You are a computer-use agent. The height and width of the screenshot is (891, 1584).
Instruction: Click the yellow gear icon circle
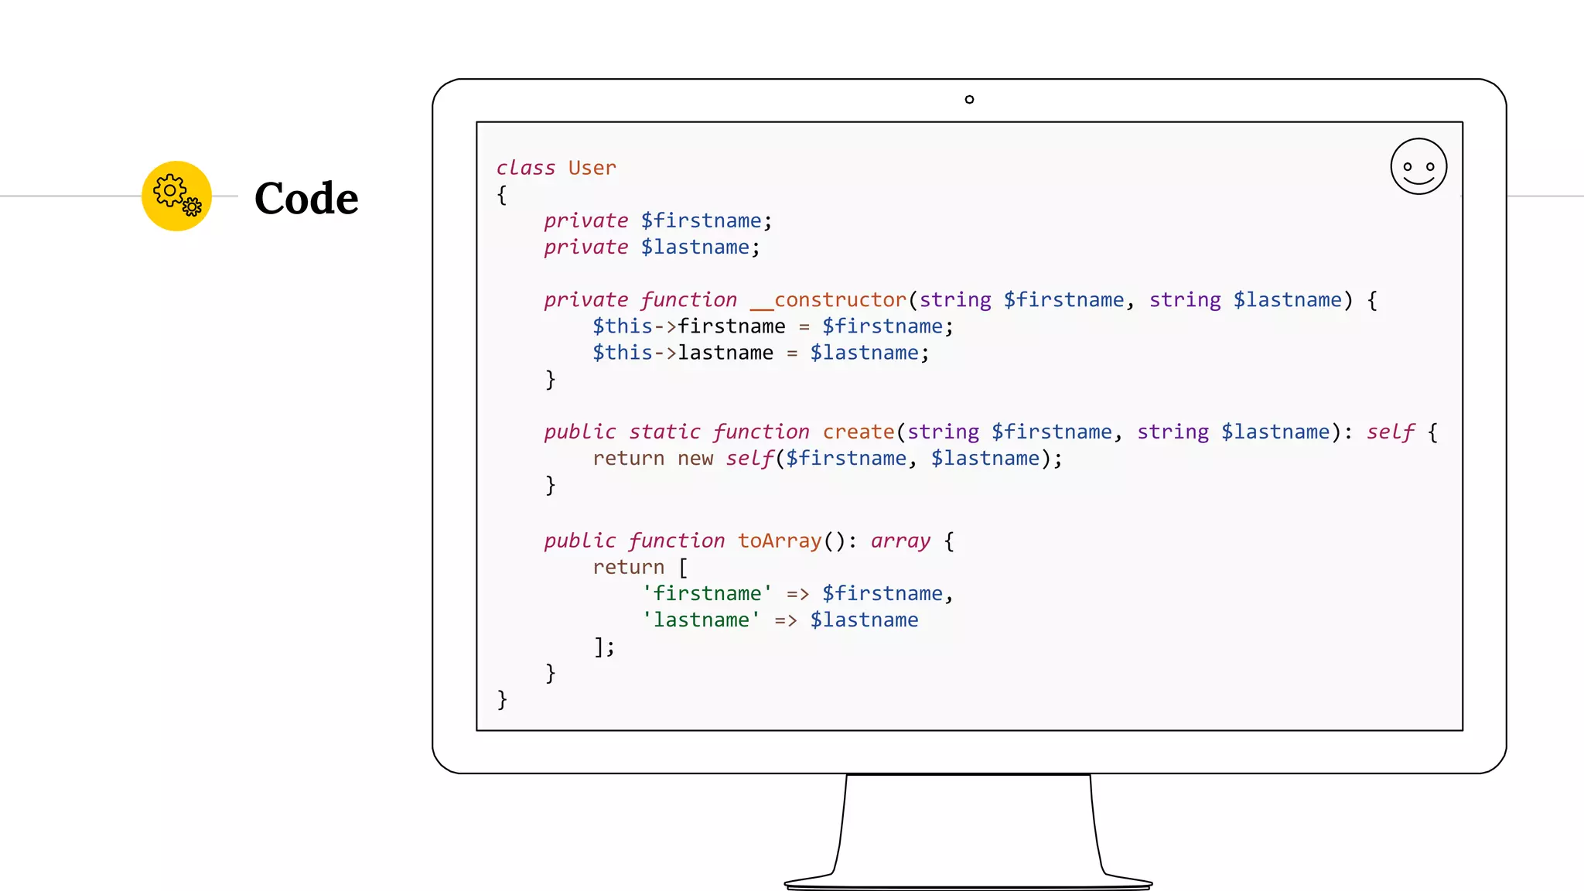pos(176,196)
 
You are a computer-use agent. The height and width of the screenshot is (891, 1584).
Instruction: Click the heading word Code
pos(306,199)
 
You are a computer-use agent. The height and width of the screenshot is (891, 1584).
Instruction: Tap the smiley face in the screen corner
pos(1418,166)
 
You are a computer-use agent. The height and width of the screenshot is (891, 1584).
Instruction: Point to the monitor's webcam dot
pos(969,99)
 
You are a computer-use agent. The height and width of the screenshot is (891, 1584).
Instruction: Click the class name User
pos(592,168)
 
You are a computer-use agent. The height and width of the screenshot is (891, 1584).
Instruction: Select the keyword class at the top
pos(526,168)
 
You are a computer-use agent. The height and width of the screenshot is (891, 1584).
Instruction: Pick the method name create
pos(858,432)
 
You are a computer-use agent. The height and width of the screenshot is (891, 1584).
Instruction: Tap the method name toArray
pos(779,541)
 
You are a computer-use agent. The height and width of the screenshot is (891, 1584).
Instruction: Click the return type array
pos(900,541)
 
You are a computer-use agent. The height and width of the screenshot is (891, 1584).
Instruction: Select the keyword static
pos(664,432)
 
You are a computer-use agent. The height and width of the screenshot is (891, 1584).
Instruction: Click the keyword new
pos(695,459)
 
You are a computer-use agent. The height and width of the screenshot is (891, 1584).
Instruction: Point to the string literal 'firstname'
pos(707,593)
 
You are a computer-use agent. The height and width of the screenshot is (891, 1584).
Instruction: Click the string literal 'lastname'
pos(701,620)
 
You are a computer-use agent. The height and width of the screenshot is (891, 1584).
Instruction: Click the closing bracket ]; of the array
pos(604,647)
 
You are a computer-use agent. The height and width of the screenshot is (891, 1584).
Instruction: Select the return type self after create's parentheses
pos(1390,432)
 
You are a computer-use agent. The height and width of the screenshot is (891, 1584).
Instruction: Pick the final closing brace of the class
pos(502,699)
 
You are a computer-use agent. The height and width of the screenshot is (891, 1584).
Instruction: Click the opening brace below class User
pos(502,195)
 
